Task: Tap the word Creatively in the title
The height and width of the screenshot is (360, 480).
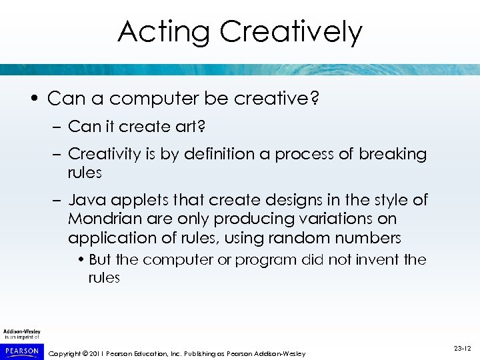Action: tap(291, 31)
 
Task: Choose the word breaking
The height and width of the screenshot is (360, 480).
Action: tap(392, 154)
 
